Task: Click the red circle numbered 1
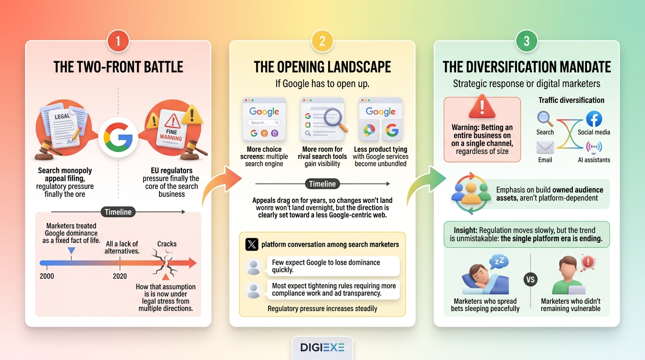[x=118, y=41]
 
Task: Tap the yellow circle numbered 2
[x=322, y=41]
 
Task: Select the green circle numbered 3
[x=527, y=41]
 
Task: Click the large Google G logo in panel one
[x=118, y=137]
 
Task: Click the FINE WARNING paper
[x=172, y=129]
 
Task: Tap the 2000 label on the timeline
[x=47, y=276]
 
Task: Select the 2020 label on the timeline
[x=120, y=276]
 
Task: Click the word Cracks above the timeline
[x=167, y=244]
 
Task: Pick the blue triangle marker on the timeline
[x=71, y=250]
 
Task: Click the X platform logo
[x=252, y=245]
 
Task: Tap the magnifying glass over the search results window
[x=335, y=121]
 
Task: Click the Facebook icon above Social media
[x=594, y=119]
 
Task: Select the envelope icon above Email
[x=545, y=148]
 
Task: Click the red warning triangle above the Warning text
[x=482, y=106]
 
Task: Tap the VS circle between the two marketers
[x=531, y=279]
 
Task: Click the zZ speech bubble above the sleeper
[x=499, y=262]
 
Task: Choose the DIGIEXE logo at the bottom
[x=322, y=347]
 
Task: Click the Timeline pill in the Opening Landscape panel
[x=322, y=184]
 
